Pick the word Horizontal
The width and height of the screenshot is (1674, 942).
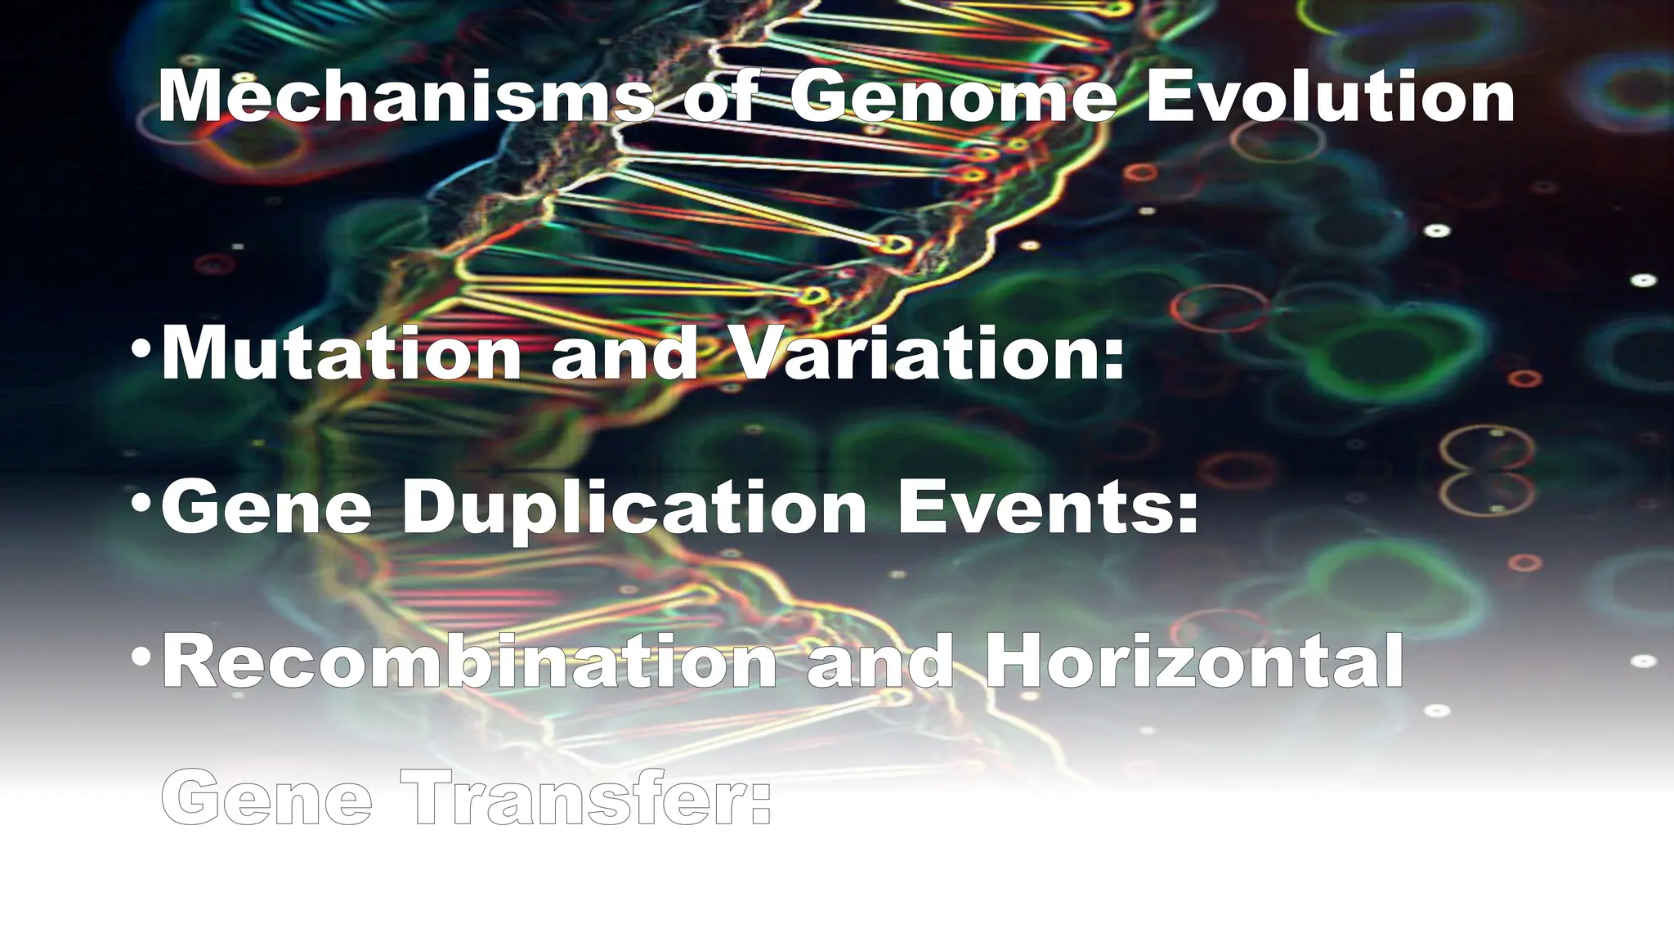(x=1194, y=662)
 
